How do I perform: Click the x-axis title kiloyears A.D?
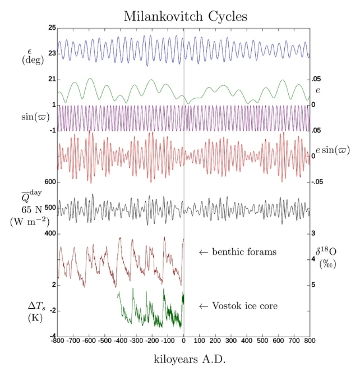pyautogui.click(x=184, y=357)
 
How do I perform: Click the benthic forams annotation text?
pyautogui.click(x=238, y=252)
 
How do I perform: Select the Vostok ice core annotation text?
pyautogui.click(x=238, y=306)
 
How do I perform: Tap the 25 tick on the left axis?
pyautogui.click(x=52, y=27)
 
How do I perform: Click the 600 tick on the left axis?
pyautogui.click(x=49, y=182)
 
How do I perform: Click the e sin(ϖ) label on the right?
pyautogui.click(x=333, y=150)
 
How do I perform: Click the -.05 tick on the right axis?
pyautogui.click(x=318, y=182)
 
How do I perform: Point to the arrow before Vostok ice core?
pyautogui.click(x=204, y=306)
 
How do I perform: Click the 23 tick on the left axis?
pyautogui.click(x=52, y=53)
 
